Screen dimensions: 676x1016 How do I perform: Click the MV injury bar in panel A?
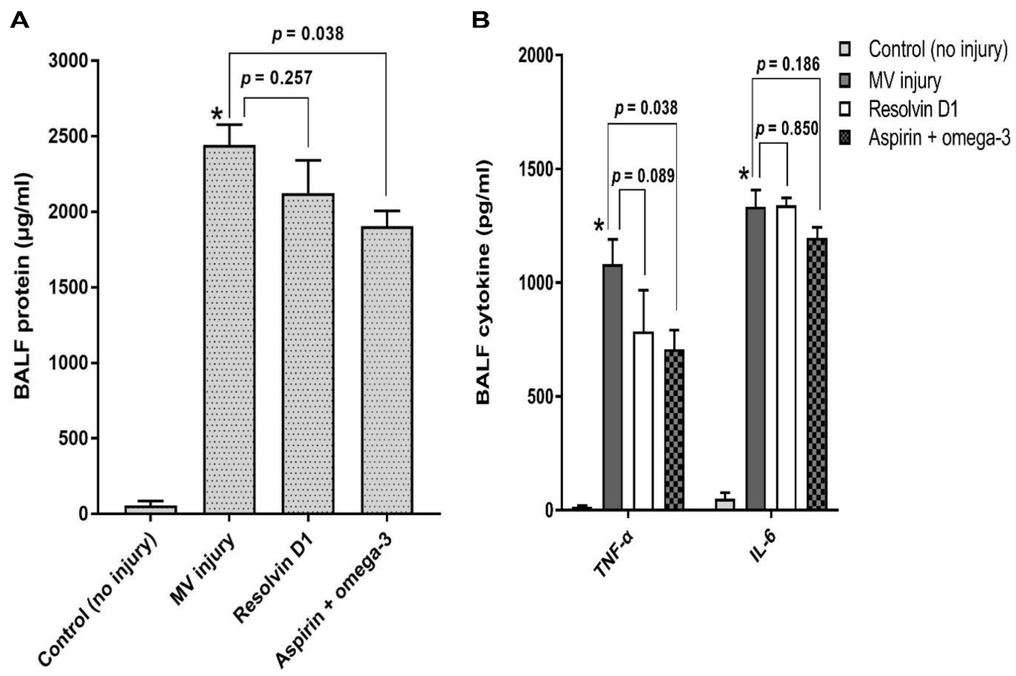click(229, 330)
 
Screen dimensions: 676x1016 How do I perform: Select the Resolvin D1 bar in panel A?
click(308, 354)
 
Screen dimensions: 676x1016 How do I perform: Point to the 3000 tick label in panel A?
click(68, 61)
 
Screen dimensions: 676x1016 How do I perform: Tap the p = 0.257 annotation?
click(276, 78)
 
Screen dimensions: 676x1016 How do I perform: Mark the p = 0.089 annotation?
click(643, 176)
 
